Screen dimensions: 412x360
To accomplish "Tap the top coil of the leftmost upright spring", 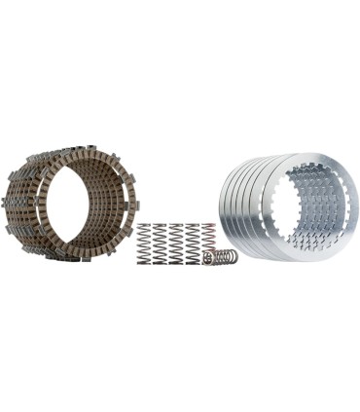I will tap(144, 227).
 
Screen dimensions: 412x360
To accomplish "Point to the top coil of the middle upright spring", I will tap(176, 227).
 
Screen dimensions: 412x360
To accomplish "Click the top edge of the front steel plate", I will tap(311, 157).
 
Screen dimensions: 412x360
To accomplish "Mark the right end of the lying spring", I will tap(237, 258).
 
